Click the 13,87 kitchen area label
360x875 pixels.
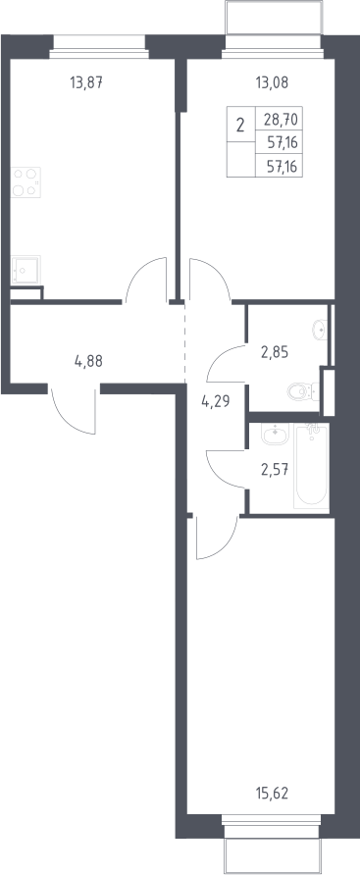[86, 83]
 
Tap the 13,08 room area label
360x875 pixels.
[273, 83]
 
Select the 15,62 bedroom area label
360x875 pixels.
[272, 792]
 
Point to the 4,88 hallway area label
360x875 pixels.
[88, 360]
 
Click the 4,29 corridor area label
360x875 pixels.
[216, 399]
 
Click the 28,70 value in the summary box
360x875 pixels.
[282, 119]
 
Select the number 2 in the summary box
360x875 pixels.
[240, 125]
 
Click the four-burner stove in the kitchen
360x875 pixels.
[26, 181]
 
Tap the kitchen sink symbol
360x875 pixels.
[26, 270]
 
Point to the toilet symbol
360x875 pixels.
[304, 391]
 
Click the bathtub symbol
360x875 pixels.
[312, 466]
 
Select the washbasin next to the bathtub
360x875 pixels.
[275, 435]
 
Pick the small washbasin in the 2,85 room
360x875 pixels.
[321, 330]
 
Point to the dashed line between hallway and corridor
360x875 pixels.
[184, 343]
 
